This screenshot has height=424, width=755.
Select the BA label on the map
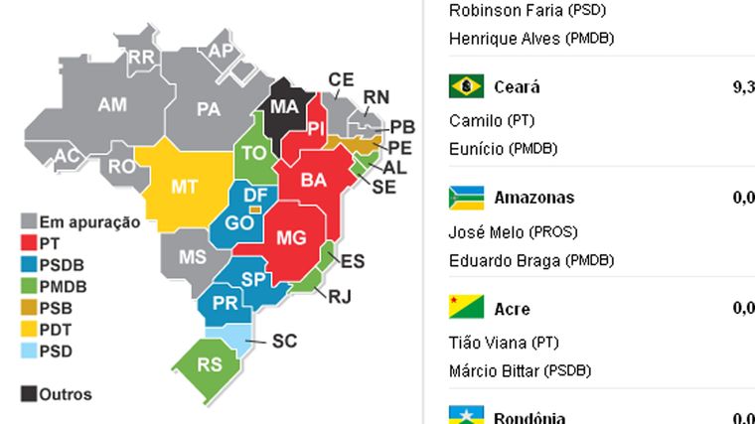[x=314, y=182]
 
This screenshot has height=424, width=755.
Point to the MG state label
[x=291, y=237]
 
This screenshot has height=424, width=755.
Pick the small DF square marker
[x=255, y=210]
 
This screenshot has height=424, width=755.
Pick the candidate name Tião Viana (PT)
[x=504, y=343]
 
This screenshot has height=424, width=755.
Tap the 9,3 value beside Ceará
[x=743, y=87]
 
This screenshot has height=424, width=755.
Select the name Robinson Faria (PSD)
[x=528, y=12]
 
